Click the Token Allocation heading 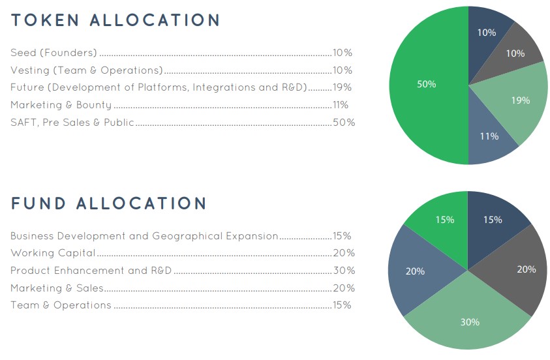point(115,20)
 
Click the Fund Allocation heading point(109,203)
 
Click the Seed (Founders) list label point(53,53)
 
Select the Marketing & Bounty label point(61,105)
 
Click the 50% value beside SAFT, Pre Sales point(344,123)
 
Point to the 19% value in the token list point(343,87)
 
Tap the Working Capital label point(53,253)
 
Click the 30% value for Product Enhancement point(344,271)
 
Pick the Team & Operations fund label point(61,305)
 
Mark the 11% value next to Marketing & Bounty point(341,105)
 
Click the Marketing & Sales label point(57,288)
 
